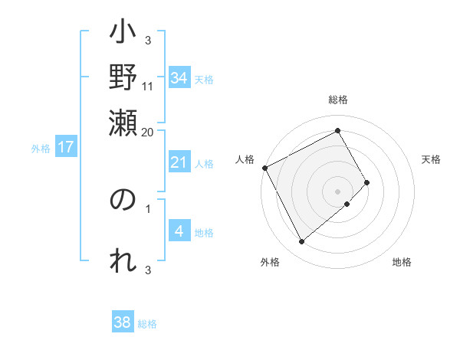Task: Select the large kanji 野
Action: (x=123, y=79)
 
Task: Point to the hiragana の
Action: (x=123, y=201)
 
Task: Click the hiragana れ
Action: (x=123, y=260)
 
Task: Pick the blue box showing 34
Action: (x=179, y=78)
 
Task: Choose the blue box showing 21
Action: (x=179, y=162)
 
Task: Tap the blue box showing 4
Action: (x=179, y=231)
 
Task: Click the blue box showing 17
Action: (x=66, y=147)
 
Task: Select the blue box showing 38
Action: (x=123, y=322)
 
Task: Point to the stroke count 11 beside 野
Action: (x=148, y=86)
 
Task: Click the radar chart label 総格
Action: (x=338, y=100)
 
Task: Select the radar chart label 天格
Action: (x=431, y=159)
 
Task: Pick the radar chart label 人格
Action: (x=245, y=159)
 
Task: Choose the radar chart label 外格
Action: (x=270, y=263)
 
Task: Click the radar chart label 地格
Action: (x=402, y=263)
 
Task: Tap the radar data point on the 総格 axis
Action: (x=338, y=130)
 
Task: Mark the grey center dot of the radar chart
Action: (x=338, y=191)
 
